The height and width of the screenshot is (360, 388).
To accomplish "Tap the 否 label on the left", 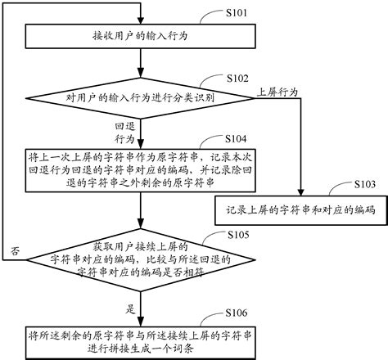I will tap(16, 250).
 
